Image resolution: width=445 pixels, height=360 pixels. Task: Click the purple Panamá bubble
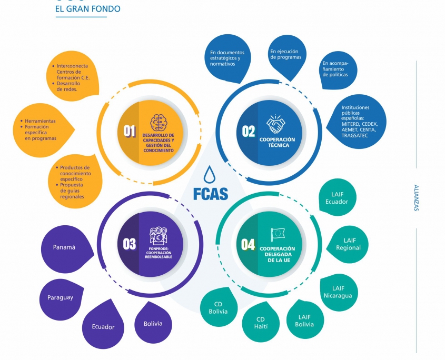pos(64,247)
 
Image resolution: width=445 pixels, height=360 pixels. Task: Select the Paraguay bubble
pos(60,297)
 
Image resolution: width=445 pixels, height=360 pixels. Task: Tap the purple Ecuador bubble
pos(103,326)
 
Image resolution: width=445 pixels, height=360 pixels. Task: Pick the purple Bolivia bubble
pos(153,323)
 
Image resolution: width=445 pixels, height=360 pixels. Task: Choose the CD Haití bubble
pos(260,323)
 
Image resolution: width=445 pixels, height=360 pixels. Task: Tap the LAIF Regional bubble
pos(348,244)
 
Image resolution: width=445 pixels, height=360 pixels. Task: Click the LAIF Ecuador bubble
pos(336,198)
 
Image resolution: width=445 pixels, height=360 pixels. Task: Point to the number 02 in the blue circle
pos(249,132)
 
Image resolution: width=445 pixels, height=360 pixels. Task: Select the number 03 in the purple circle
pos(130,244)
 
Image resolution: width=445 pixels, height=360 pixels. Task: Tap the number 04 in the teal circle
pos(248,244)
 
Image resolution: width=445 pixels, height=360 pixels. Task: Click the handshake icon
pos(276,125)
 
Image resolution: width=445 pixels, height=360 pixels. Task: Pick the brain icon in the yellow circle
pos(159,123)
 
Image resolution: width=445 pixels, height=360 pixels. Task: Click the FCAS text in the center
pos(210,193)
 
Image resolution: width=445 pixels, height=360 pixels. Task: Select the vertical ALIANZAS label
pos(416,198)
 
